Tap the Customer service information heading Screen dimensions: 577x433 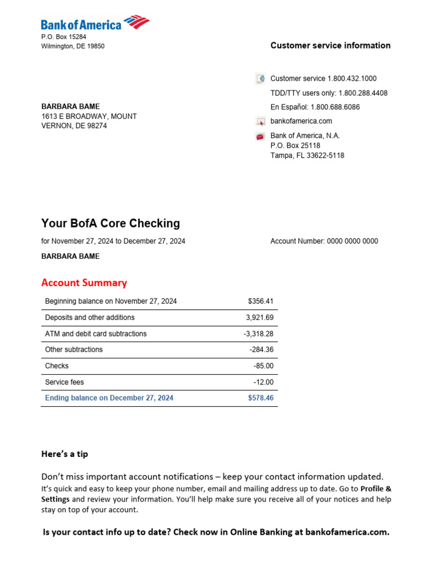tap(330, 46)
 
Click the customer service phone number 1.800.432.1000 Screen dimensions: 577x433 tap(352, 79)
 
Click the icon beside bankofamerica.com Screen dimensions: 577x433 tap(260, 121)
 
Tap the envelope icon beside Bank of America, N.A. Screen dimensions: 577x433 tap(260, 136)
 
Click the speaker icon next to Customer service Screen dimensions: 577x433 tap(260, 79)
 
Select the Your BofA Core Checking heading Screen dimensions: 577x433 tap(111, 223)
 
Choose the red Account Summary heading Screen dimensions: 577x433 tap(84, 283)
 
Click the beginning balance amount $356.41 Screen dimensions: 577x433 tap(260, 301)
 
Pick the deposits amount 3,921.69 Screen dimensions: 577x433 tap(259, 318)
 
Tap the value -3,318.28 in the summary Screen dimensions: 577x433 tap(258, 334)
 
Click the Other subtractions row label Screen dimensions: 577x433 tap(74, 350)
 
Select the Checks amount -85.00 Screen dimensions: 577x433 tap(263, 366)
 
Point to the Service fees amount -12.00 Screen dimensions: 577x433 tap(263, 383)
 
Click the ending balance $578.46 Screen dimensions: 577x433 tap(260, 398)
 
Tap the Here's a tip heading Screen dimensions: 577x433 tap(64, 454)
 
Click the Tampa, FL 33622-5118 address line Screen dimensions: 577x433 tap(307, 156)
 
